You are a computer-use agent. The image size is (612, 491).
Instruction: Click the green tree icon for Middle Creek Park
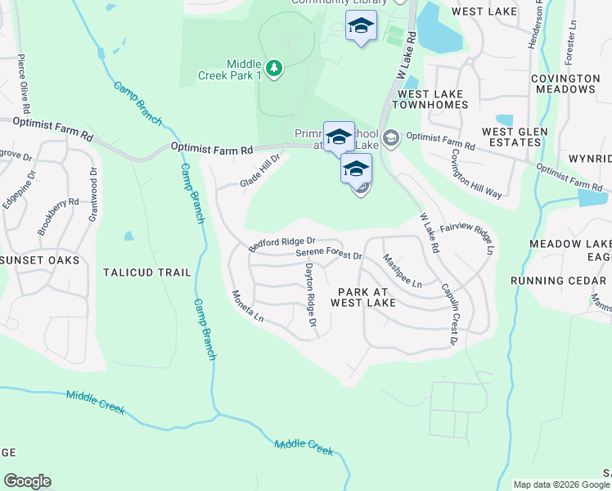(x=274, y=68)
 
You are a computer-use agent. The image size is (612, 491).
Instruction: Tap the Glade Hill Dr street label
(x=260, y=171)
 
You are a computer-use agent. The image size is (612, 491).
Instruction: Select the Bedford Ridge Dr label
(x=282, y=243)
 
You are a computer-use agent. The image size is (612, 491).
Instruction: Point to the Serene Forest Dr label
(x=329, y=255)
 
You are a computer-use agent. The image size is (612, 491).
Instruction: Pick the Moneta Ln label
(x=247, y=305)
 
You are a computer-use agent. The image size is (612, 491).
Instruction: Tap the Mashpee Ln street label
(x=402, y=270)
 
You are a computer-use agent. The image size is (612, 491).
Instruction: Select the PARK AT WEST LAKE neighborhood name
(x=362, y=297)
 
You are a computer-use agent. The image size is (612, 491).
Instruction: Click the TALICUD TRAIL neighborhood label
(x=147, y=273)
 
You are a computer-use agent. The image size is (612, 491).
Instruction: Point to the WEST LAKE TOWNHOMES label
(x=432, y=99)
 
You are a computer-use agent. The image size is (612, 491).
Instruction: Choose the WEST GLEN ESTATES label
(x=511, y=137)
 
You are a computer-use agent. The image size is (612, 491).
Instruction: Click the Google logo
(x=27, y=481)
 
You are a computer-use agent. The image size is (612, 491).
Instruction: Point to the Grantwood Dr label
(x=93, y=195)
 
